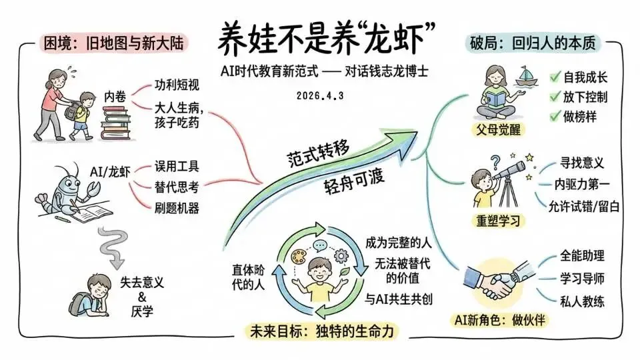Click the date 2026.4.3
click(320, 95)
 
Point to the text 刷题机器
click(177, 208)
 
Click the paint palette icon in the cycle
click(297, 253)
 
